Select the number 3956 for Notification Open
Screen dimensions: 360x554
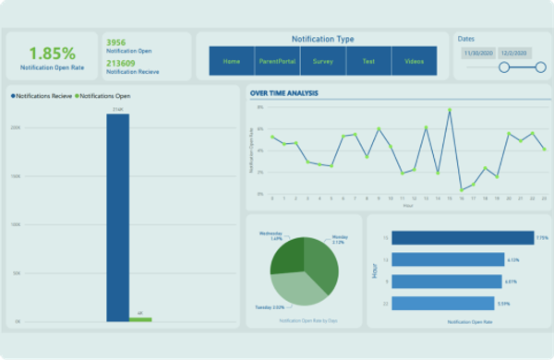tap(115, 42)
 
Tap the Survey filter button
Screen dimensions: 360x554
tap(323, 62)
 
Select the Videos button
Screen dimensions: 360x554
tap(414, 62)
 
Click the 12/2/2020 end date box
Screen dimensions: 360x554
tap(512, 54)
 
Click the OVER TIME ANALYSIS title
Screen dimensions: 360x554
tap(284, 92)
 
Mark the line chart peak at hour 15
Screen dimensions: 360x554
tap(450, 110)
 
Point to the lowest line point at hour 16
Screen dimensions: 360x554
tap(462, 190)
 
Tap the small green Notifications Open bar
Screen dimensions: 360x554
tap(140, 319)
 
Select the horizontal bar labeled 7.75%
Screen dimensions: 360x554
tap(463, 237)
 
